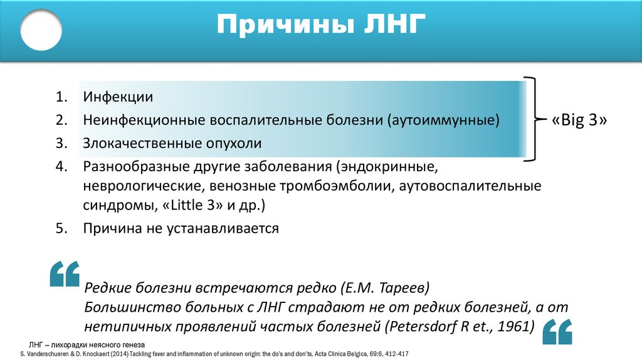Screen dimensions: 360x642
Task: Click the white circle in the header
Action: click(41, 29)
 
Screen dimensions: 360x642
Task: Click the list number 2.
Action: click(60, 120)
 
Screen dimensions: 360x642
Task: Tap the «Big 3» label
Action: click(579, 120)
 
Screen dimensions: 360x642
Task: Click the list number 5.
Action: click(60, 228)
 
